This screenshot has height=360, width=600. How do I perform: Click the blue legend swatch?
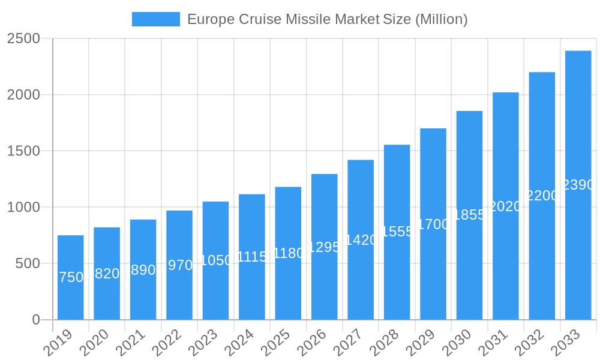pyautogui.click(x=156, y=19)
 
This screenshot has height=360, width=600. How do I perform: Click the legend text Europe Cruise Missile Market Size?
pyautogui.click(x=327, y=19)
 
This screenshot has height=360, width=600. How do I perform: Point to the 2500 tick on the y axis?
pyautogui.click(x=23, y=39)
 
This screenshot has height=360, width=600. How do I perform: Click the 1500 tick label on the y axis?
pyautogui.click(x=23, y=151)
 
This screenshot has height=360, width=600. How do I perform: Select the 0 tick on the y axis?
pyautogui.click(x=36, y=320)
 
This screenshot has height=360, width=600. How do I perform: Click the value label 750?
pyautogui.click(x=71, y=277)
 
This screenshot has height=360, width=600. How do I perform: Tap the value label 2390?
pyautogui.click(x=578, y=185)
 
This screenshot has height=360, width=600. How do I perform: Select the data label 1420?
pyautogui.click(x=361, y=240)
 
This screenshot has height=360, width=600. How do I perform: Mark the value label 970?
pyautogui.click(x=180, y=265)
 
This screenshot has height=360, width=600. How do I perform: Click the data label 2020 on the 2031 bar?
pyautogui.click(x=505, y=206)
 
